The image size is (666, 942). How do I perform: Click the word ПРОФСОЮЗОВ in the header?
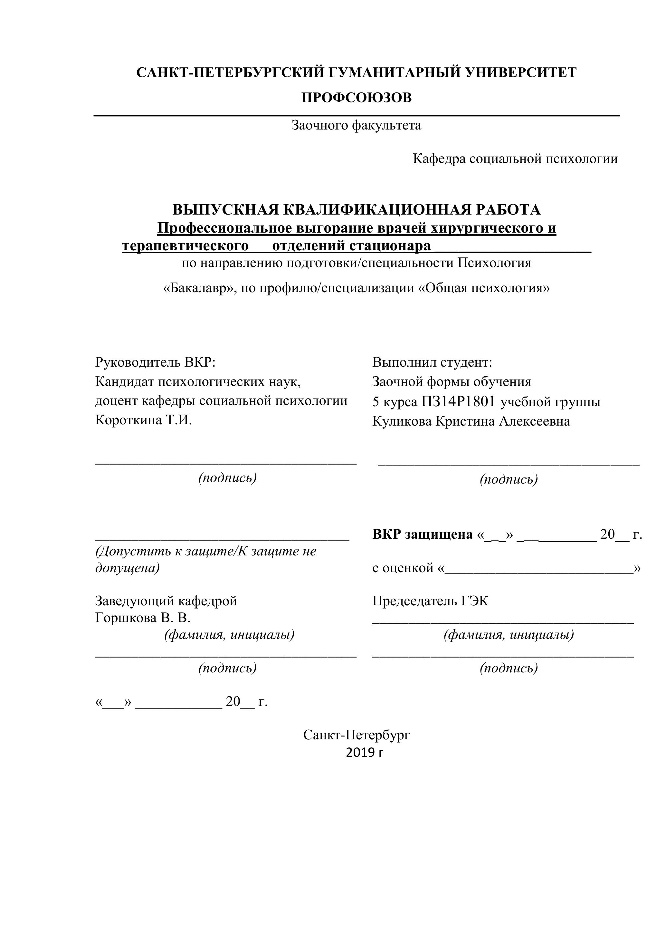[x=357, y=98]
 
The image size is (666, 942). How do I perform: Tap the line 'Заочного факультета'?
[x=357, y=125]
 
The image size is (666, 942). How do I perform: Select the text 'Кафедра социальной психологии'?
[x=515, y=159]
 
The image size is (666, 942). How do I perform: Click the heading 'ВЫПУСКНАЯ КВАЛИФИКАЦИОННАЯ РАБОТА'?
[x=357, y=210]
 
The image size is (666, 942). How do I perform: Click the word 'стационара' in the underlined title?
[x=390, y=246]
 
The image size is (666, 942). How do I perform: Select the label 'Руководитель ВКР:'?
[x=156, y=362]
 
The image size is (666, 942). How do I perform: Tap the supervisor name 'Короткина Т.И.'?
[x=144, y=420]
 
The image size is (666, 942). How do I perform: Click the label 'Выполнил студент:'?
[x=432, y=362]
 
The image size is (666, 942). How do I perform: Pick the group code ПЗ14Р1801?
[x=458, y=401]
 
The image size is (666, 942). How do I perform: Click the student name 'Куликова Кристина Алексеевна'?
[x=471, y=421]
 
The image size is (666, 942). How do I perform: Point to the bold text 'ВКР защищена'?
[x=423, y=534]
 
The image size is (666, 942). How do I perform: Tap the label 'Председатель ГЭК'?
[x=430, y=601]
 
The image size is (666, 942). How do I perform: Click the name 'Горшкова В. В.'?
[x=143, y=618]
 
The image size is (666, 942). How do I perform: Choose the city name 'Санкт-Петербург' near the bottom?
[x=357, y=735]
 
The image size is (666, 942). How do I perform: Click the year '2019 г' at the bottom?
[x=364, y=753]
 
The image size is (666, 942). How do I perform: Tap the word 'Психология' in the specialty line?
[x=494, y=263]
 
